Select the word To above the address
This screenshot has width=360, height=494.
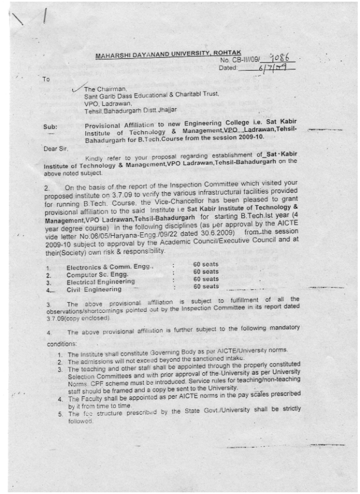click(46, 79)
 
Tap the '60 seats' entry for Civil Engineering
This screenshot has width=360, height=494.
click(206, 286)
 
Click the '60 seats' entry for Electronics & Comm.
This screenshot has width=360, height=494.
click(206, 265)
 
